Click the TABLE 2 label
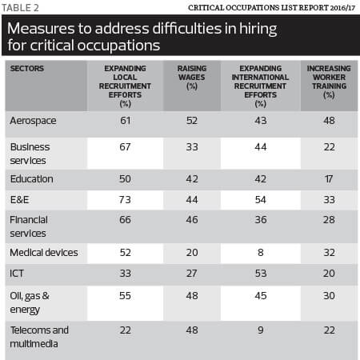pyautogui.click(x=20, y=8)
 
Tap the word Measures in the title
pyautogui.click(x=41, y=29)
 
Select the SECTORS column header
pyautogui.click(x=27, y=69)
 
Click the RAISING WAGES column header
pyautogui.click(x=192, y=78)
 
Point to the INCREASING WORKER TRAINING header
pyautogui.click(x=329, y=82)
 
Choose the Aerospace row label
pyautogui.click(x=33, y=121)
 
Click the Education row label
pyautogui.click(x=32, y=179)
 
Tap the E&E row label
pyautogui.click(x=19, y=200)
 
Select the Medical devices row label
pyautogui.click(x=44, y=253)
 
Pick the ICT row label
pyautogui.click(x=17, y=274)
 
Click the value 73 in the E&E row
pyautogui.click(x=125, y=200)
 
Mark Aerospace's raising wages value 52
pyautogui.click(x=192, y=121)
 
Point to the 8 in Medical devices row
pyautogui.click(x=261, y=253)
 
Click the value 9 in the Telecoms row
pyautogui.click(x=261, y=330)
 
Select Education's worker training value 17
pyautogui.click(x=329, y=179)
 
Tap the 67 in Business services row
pyautogui.click(x=125, y=147)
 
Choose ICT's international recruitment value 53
pyautogui.click(x=261, y=274)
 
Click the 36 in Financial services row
pyautogui.click(x=261, y=220)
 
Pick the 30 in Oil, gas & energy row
pyautogui.click(x=329, y=296)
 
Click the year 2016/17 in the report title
pyautogui.click(x=342, y=8)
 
